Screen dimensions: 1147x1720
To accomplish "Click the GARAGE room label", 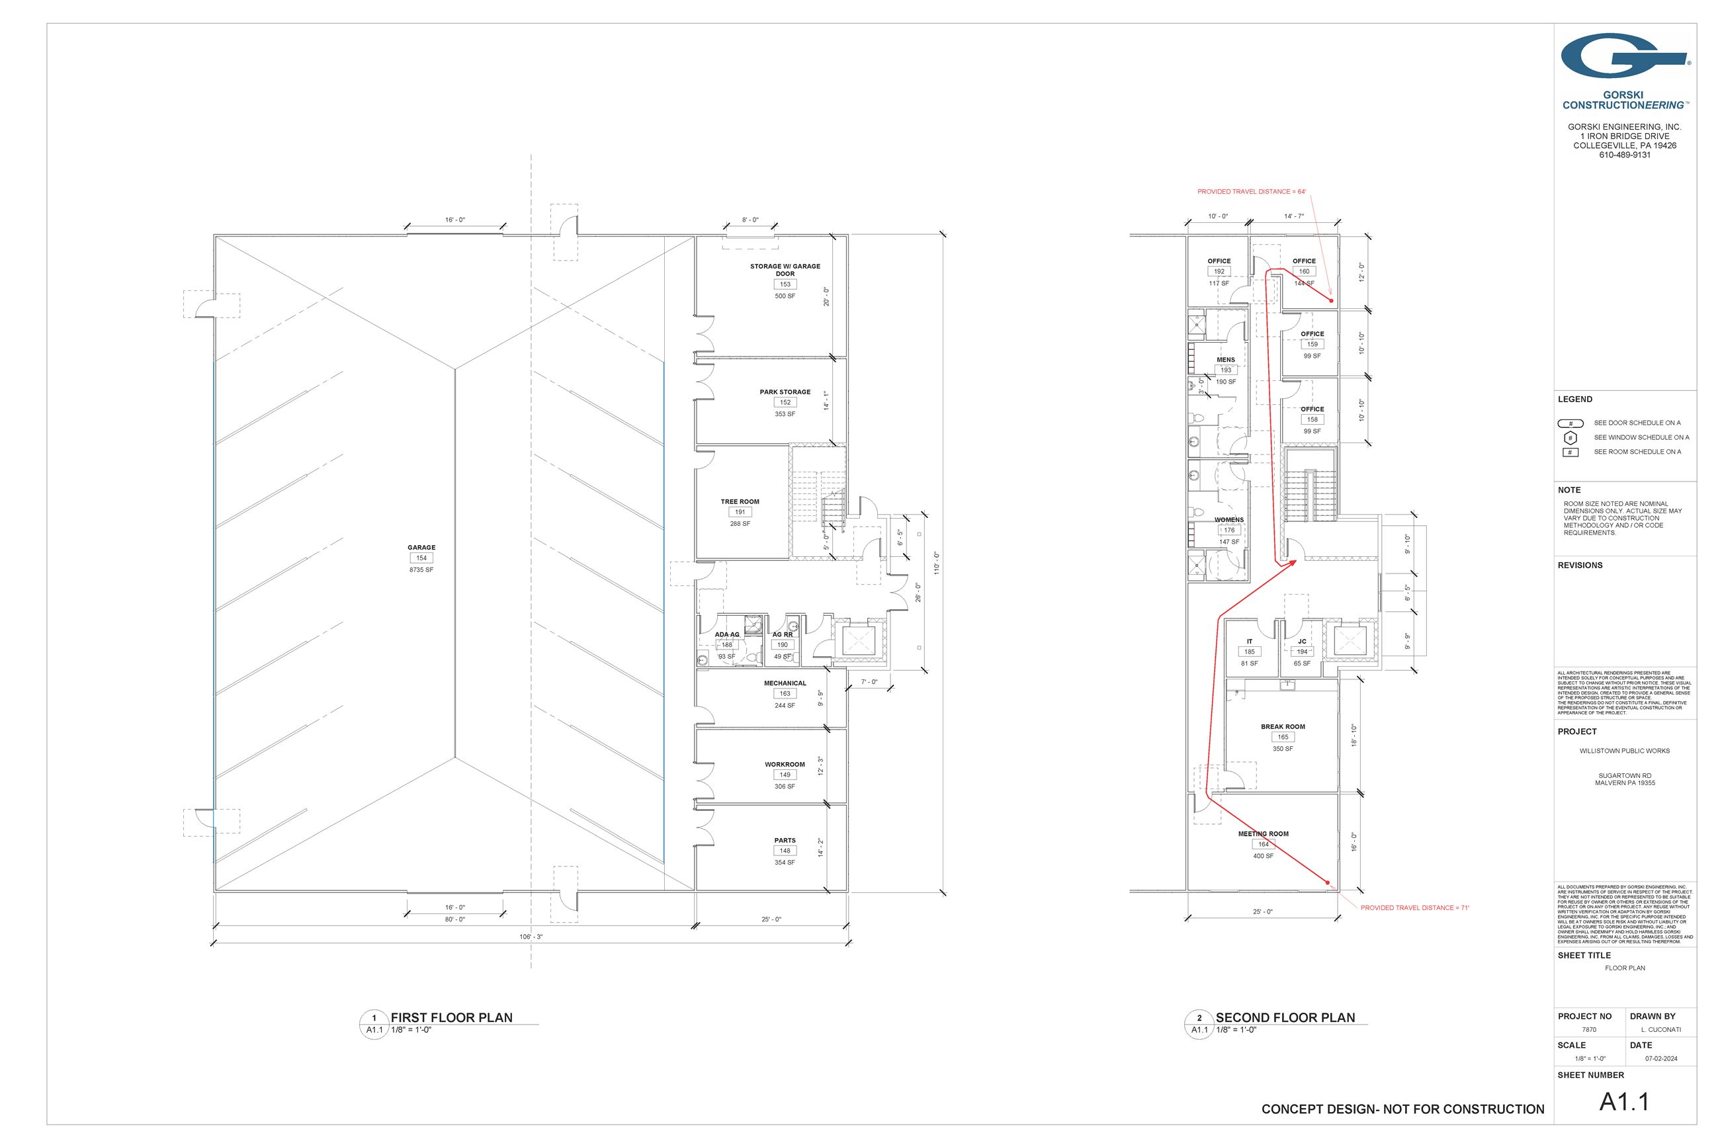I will coord(421,547).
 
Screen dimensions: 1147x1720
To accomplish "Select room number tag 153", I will coord(785,284).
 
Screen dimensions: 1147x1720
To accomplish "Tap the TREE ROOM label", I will coord(740,502).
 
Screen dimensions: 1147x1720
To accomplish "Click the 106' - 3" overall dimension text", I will coord(531,937).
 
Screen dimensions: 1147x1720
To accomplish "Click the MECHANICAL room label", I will coord(785,683).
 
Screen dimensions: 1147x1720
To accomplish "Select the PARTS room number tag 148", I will coord(785,851).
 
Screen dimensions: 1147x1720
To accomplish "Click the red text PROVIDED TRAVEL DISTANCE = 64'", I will coord(1251,192).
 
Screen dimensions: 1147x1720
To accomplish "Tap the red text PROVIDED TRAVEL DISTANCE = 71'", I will coord(1415,908).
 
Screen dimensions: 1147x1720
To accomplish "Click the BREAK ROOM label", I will coord(1283,726).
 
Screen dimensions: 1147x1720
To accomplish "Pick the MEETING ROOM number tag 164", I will coord(1264,844).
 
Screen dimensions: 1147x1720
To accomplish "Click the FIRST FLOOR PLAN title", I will coord(451,1017).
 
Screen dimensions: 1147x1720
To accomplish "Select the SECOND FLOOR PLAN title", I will coord(1285,1017).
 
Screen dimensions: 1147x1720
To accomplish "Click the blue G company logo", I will coord(1623,56).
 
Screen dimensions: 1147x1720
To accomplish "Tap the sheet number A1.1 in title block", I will coord(1624,1101).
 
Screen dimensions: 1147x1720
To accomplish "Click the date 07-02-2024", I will coord(1662,1058).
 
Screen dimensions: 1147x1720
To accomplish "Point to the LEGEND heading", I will coord(1575,400).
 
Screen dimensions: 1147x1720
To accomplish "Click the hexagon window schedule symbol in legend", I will coord(1570,437).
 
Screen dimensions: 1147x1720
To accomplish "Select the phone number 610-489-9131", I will coord(1624,155).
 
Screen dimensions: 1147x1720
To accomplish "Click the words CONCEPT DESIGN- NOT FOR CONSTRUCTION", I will coord(1402,1109).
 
